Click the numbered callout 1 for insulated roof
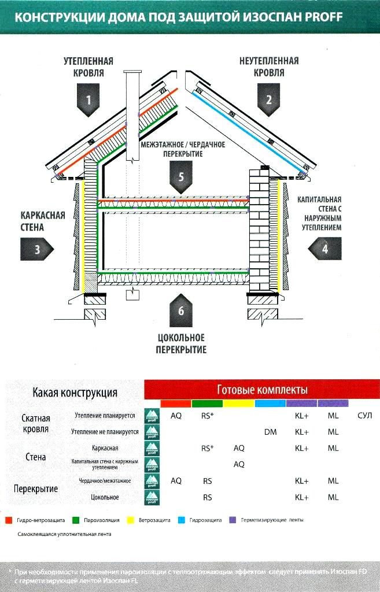point(88,99)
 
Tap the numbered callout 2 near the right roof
point(268,99)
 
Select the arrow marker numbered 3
point(38,250)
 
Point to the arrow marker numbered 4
point(325,249)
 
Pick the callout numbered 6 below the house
point(181,311)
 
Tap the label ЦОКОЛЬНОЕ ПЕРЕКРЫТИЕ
point(181,343)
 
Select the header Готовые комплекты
point(262,390)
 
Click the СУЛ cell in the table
point(364,416)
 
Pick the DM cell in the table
point(270,432)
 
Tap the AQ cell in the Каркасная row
point(239,448)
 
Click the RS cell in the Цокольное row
point(207,497)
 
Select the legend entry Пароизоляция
point(105,520)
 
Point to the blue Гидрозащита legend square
point(181,520)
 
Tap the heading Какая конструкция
point(75,393)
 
